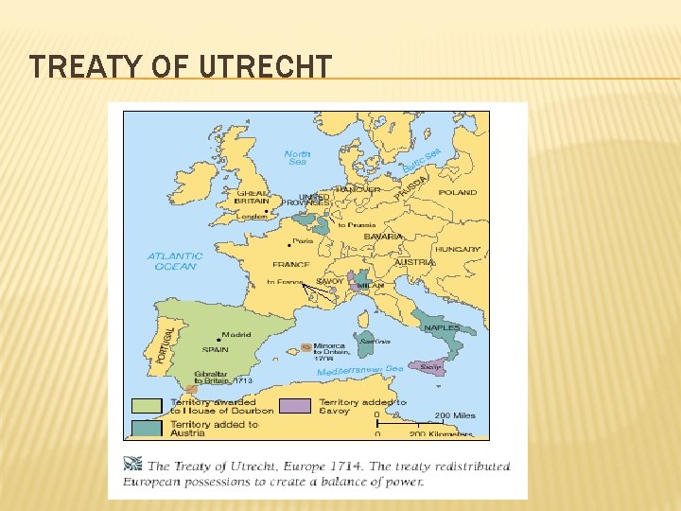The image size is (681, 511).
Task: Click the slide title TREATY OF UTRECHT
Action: pyautogui.click(x=181, y=67)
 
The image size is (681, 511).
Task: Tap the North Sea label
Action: pyautogui.click(x=297, y=157)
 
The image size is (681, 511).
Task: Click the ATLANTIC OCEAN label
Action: pyautogui.click(x=175, y=261)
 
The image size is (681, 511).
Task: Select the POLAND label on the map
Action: pyautogui.click(x=458, y=192)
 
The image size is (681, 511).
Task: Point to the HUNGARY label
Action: pyautogui.click(x=458, y=249)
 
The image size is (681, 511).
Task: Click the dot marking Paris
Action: pyautogui.click(x=296, y=241)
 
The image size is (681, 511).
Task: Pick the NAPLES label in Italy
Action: pyautogui.click(x=442, y=327)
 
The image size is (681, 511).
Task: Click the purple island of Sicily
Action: pyautogui.click(x=428, y=367)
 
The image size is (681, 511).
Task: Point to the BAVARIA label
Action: pyautogui.click(x=384, y=236)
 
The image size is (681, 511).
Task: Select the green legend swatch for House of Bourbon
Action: pyautogui.click(x=147, y=406)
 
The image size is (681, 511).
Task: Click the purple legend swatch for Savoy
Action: pyautogui.click(x=296, y=406)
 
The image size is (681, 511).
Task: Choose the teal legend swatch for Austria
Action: pyautogui.click(x=147, y=428)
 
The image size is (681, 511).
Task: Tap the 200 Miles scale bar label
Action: pyautogui.click(x=456, y=414)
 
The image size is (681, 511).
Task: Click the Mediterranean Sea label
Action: pyautogui.click(x=359, y=371)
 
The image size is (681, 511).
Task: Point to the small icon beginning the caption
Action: pyautogui.click(x=134, y=465)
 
